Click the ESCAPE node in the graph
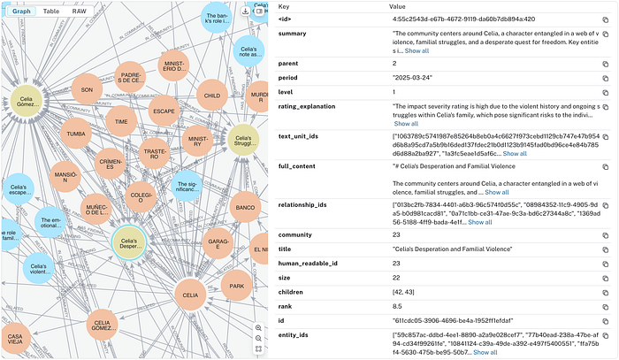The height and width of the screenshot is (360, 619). coord(163,111)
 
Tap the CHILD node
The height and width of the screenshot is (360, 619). coord(211,96)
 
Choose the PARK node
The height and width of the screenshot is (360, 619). coord(236,286)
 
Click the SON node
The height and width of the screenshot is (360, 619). coord(87,89)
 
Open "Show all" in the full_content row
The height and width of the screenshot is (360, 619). coord(496,191)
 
